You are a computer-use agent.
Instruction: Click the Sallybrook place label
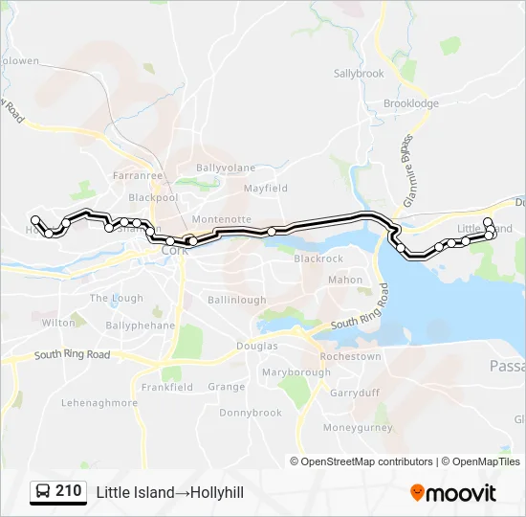(x=359, y=73)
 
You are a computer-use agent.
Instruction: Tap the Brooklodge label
(x=411, y=103)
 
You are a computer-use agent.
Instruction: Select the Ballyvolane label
(x=226, y=168)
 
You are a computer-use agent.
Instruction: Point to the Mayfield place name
(x=265, y=189)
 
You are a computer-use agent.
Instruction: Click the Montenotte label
(x=221, y=219)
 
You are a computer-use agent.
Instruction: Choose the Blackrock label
(x=318, y=258)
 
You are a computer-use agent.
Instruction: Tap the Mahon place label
(x=345, y=281)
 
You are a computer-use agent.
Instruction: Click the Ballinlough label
(x=237, y=300)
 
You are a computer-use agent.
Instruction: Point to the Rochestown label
(x=350, y=356)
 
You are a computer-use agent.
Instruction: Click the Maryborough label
(x=296, y=371)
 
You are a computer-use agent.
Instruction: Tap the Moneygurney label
(x=358, y=428)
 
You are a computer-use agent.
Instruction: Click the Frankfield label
(x=167, y=387)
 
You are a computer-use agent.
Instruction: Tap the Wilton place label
(x=58, y=323)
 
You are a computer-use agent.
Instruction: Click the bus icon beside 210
(x=43, y=492)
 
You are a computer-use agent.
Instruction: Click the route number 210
(x=68, y=491)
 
